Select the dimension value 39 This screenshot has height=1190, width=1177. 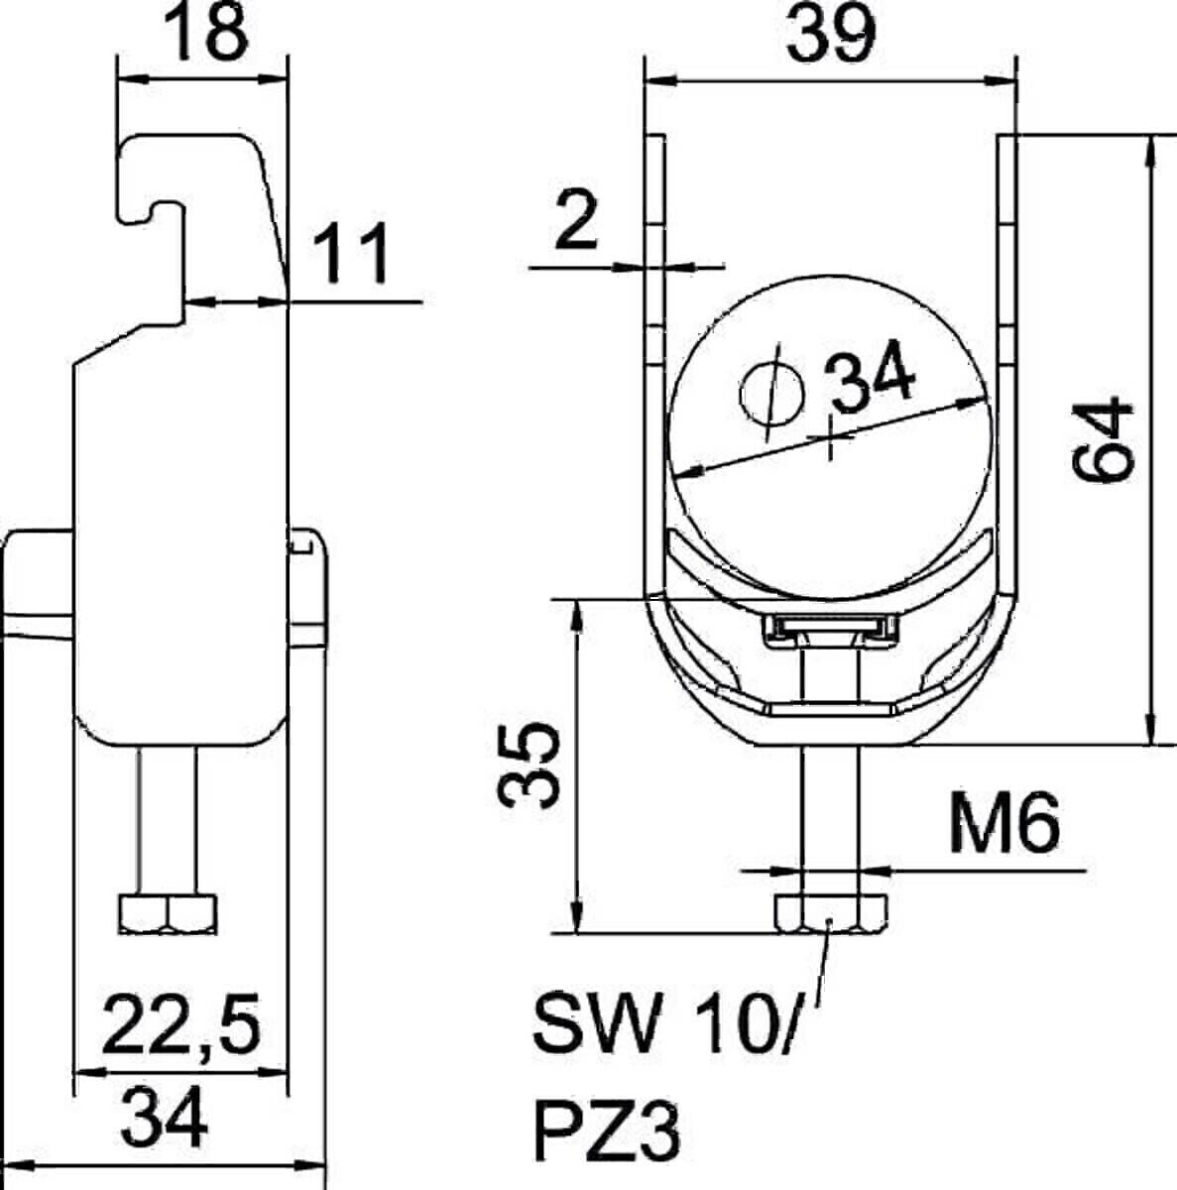[831, 32]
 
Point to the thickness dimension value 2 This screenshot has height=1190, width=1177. [576, 220]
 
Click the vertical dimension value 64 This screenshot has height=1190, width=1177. [1103, 438]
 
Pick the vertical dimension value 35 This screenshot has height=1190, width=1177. [530, 766]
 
